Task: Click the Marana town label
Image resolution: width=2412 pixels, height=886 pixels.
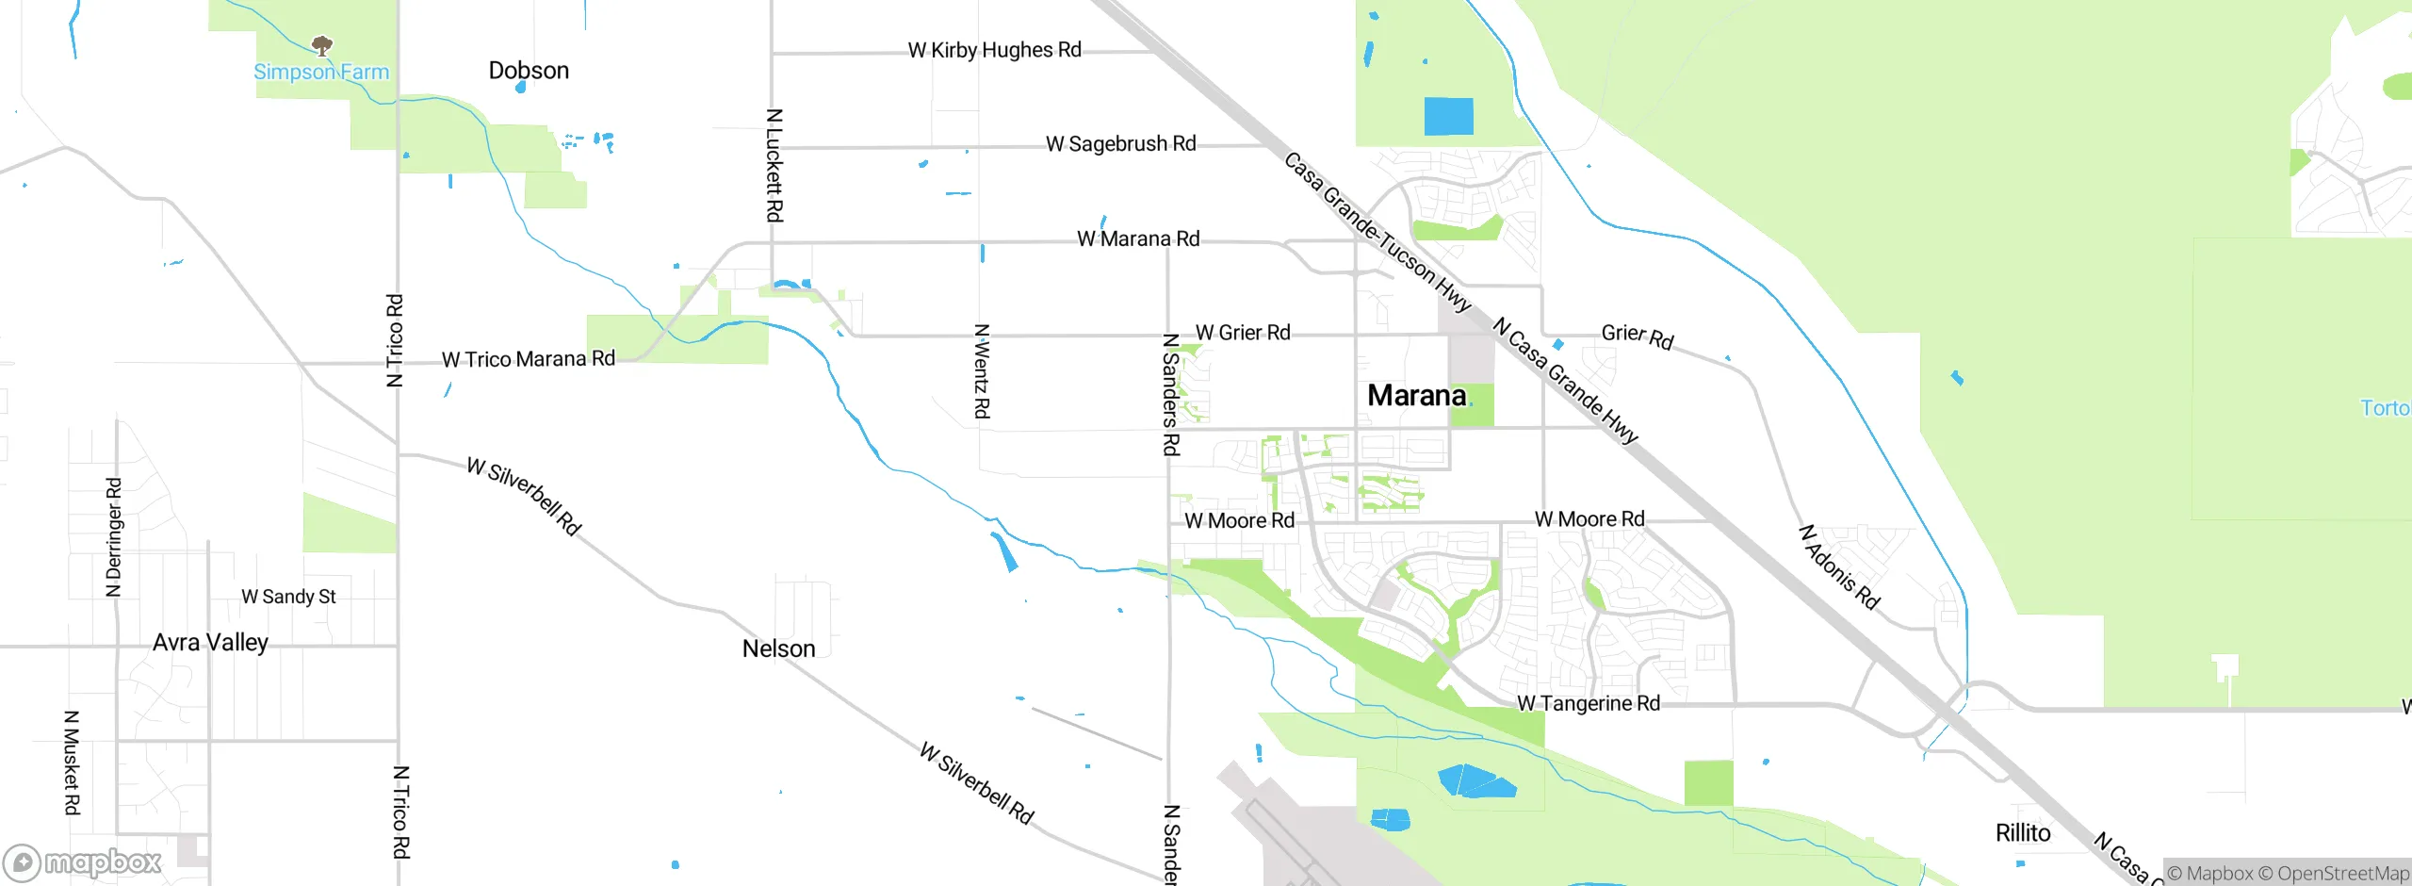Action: (x=1416, y=396)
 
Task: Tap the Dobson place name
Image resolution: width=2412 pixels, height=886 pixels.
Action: (x=529, y=71)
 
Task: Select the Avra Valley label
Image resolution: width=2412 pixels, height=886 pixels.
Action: (x=210, y=643)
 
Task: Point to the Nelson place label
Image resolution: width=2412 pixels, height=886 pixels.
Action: (x=778, y=648)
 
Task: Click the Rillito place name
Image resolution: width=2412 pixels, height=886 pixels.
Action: (x=2023, y=833)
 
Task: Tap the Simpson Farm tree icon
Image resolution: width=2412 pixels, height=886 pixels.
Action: (x=322, y=45)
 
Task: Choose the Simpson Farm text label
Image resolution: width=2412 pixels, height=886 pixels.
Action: (x=321, y=73)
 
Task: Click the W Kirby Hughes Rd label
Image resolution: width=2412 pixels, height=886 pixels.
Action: (x=994, y=50)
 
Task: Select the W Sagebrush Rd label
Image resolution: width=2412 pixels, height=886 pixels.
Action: (x=1120, y=144)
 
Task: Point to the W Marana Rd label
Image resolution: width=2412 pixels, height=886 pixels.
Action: (x=1138, y=239)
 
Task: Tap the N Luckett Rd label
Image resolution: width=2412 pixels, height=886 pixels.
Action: (x=774, y=166)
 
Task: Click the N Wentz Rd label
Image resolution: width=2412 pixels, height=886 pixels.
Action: (x=982, y=371)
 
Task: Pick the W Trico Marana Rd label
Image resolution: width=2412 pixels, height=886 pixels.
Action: (x=528, y=359)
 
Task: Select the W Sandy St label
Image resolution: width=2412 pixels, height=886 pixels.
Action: (x=288, y=597)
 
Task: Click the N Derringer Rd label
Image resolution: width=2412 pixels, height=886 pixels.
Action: (x=114, y=537)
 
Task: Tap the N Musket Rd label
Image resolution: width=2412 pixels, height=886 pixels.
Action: (x=72, y=763)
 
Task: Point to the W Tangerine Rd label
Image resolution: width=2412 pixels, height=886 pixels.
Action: (x=1589, y=704)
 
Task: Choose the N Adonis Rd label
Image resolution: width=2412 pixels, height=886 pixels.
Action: (x=1839, y=567)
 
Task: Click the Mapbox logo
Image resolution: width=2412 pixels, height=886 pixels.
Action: (x=83, y=862)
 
